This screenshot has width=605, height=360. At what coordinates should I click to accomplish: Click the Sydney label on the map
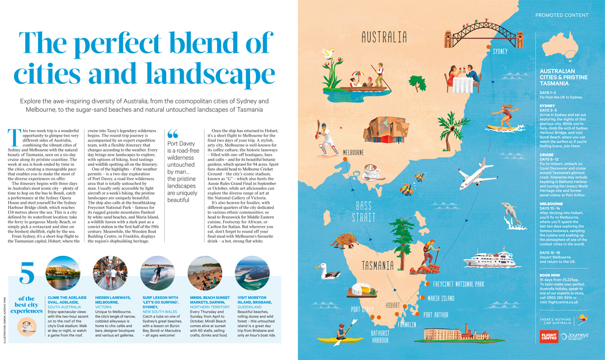pyautogui.click(x=500, y=51)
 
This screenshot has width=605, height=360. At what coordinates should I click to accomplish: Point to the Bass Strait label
pyautogui.click(x=363, y=212)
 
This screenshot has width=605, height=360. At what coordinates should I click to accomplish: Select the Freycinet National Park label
pyautogui.click(x=458, y=284)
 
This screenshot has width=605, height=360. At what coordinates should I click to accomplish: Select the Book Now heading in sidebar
pyautogui.click(x=550, y=275)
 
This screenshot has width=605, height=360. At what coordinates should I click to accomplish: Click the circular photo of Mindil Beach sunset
pyautogui.click(x=205, y=273)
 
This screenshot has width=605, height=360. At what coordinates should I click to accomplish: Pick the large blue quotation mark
pyautogui.click(x=173, y=134)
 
